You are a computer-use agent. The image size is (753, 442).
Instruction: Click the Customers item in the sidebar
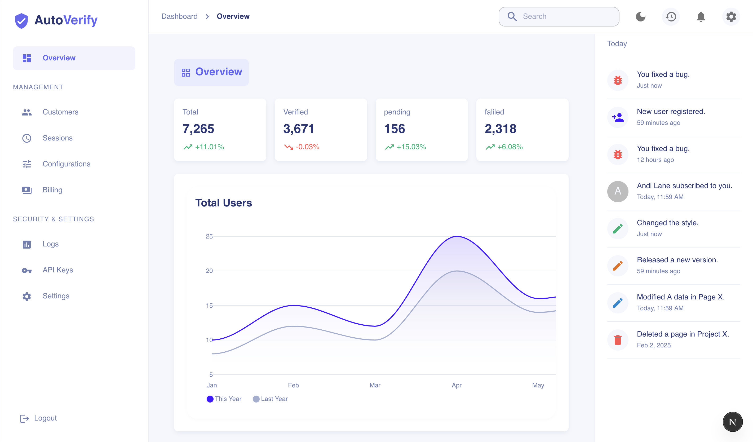60,112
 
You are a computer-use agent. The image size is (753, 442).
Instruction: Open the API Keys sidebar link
57,270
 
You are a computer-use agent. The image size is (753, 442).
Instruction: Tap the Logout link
45,418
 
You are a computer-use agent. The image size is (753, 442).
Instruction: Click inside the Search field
565,16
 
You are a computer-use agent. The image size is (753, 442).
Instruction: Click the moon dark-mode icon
640,16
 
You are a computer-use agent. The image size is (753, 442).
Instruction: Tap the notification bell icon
701,16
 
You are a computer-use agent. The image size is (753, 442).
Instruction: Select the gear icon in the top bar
731,16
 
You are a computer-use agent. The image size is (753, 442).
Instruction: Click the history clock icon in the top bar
671,16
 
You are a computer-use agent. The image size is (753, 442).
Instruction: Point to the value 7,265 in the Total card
198,129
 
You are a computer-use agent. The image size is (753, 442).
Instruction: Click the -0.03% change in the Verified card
307,147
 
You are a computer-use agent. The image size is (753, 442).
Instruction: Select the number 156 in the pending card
395,129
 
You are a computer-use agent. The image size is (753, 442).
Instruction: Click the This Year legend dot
210,399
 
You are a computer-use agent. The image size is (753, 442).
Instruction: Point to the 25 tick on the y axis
209,236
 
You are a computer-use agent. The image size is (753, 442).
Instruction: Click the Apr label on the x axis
456,385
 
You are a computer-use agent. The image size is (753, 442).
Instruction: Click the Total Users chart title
224,203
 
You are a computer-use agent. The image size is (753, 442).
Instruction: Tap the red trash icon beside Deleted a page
618,340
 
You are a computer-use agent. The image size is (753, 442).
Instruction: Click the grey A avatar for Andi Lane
618,191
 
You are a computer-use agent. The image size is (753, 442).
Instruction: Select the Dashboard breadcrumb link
179,16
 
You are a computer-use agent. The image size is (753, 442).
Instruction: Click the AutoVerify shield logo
21,20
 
